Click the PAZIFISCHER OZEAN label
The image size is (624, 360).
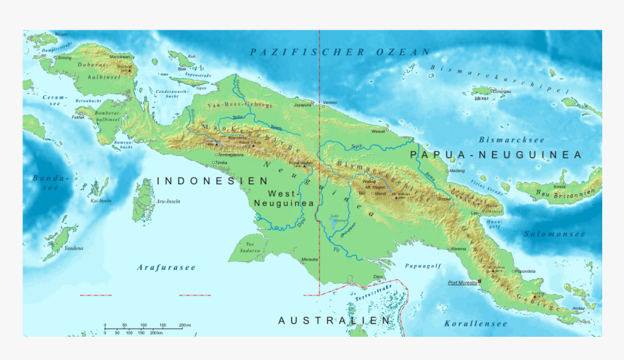tap(340, 52)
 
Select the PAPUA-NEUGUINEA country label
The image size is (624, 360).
tap(496, 155)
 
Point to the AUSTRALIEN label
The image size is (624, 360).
tap(334, 320)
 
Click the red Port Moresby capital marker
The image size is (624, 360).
tap(480, 282)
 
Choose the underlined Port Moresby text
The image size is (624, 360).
tap(461, 282)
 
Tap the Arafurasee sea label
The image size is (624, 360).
tap(166, 268)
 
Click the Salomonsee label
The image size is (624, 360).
tap(554, 234)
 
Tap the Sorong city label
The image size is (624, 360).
tap(65, 57)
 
